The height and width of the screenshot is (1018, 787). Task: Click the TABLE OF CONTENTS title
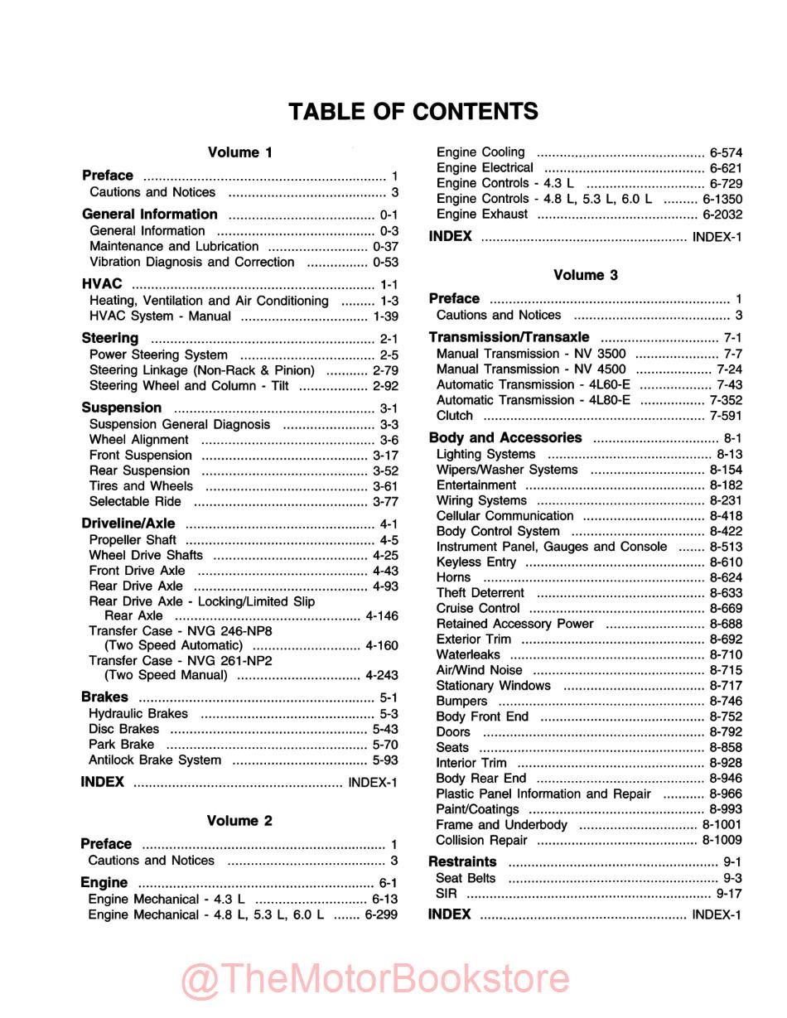(x=413, y=111)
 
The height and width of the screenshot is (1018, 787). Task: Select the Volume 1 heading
(x=239, y=152)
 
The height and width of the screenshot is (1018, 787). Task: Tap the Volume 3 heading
(x=586, y=275)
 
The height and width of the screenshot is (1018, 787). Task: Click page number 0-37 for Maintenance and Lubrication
(x=385, y=247)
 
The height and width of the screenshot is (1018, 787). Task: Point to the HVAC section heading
(x=102, y=284)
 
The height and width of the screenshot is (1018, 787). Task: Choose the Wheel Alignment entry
(x=139, y=440)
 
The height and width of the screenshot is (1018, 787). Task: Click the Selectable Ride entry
(x=135, y=502)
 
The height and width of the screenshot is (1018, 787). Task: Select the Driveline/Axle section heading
(x=128, y=523)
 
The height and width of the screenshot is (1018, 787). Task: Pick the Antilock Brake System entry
(x=155, y=760)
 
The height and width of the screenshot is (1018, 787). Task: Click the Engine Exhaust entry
(x=482, y=215)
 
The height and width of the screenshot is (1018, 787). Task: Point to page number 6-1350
(x=722, y=199)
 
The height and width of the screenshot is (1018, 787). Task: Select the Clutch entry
(x=455, y=416)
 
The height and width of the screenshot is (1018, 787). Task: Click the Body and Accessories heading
(x=505, y=438)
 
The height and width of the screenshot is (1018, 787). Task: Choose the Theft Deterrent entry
(x=480, y=593)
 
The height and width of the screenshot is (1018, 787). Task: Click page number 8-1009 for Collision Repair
(x=722, y=840)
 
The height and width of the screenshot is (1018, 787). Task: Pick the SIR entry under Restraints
(x=446, y=894)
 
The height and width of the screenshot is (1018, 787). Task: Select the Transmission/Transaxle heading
(x=509, y=338)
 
